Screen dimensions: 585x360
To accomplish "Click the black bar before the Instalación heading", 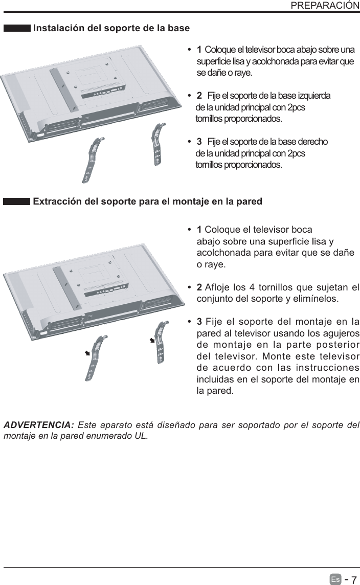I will point(17,28).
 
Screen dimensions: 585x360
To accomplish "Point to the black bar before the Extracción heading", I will point(17,202).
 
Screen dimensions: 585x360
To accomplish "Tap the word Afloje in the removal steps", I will point(217,285).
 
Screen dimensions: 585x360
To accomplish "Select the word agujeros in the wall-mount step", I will point(341,333).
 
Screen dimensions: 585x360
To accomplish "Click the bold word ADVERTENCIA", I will point(39,425).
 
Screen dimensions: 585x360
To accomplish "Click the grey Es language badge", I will point(335,579).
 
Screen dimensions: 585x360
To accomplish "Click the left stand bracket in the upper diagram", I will point(94,159).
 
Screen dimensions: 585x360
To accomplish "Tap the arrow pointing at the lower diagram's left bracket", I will point(87,353).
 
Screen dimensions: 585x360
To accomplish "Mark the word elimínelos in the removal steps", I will point(316,298).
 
